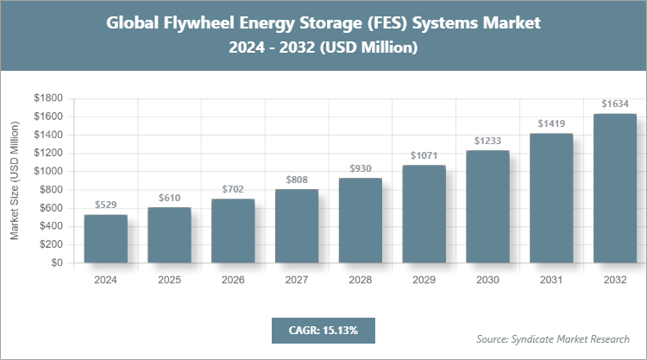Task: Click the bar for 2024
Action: click(106, 239)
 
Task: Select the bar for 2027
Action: click(297, 226)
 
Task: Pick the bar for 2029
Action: click(424, 214)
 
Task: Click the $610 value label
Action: click(170, 198)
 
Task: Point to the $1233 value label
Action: click(488, 140)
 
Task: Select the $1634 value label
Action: click(615, 104)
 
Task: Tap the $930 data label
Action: click(361, 167)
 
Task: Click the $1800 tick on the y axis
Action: click(48, 98)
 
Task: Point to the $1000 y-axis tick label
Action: click(48, 172)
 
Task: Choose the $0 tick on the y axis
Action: click(57, 263)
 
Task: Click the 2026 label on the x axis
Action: click(233, 281)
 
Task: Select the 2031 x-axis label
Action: click(551, 281)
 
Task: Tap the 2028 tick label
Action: click(361, 281)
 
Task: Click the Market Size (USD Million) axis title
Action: click(15, 180)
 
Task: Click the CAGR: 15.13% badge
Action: click(323, 330)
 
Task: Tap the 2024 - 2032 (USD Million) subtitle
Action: click(323, 48)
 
